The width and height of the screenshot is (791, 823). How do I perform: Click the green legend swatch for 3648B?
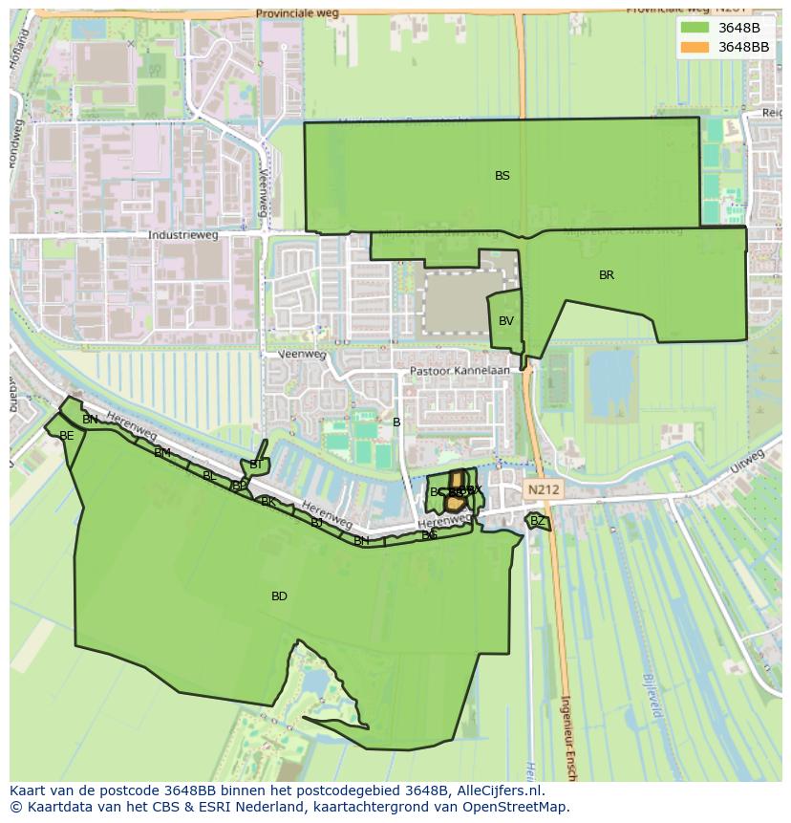(x=695, y=28)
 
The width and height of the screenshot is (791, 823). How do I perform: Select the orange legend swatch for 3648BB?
(x=695, y=47)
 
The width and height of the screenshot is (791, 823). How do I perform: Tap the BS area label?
(x=502, y=176)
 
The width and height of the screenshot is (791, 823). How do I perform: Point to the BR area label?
(x=607, y=275)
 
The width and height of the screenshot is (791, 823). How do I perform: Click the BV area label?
(x=506, y=321)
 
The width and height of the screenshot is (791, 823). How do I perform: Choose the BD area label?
(x=279, y=596)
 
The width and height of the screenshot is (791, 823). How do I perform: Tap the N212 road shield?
(x=543, y=489)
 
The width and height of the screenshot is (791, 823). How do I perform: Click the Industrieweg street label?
(x=183, y=235)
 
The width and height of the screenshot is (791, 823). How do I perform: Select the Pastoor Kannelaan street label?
(x=460, y=371)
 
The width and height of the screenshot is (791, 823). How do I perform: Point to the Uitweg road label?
(x=750, y=461)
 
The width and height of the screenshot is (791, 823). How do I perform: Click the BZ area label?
(x=538, y=521)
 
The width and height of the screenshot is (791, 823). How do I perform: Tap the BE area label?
(x=67, y=436)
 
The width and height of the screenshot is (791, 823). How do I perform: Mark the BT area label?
(x=256, y=465)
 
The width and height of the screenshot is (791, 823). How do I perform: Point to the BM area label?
(x=162, y=453)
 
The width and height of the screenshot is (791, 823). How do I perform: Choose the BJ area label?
(x=316, y=523)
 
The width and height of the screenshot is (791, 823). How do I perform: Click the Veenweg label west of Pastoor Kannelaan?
(x=302, y=354)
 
